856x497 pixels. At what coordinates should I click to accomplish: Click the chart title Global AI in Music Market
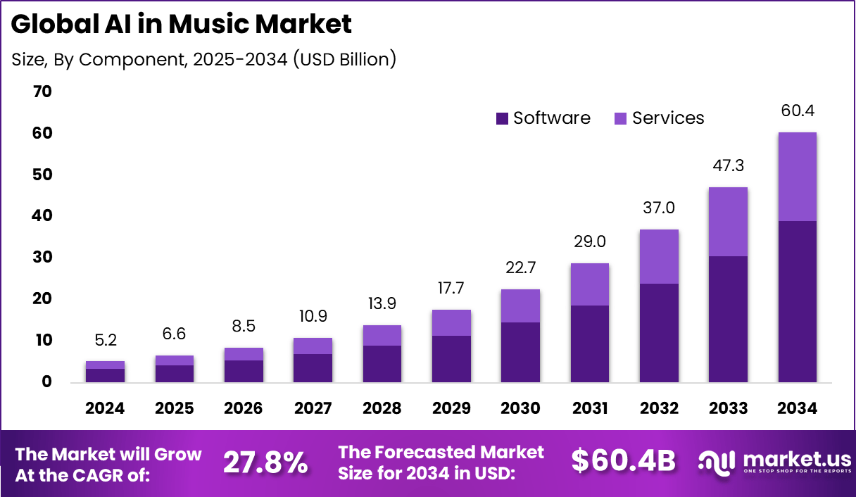coord(182,25)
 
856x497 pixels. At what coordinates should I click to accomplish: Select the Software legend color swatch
coord(502,118)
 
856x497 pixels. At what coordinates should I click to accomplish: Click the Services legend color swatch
coord(621,118)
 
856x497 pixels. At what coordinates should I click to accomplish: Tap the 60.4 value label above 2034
coord(797,111)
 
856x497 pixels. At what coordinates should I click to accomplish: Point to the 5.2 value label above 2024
coord(105,341)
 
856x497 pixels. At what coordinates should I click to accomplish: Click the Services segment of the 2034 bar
coord(797,177)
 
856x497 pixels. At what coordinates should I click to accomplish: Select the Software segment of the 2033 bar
coord(728,319)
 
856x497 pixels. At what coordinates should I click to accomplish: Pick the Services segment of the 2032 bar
coord(659,256)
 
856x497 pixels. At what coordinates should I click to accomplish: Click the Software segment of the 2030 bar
coord(520,352)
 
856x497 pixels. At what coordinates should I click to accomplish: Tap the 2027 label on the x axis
coord(313,408)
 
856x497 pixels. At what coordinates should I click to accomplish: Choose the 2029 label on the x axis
coord(451,408)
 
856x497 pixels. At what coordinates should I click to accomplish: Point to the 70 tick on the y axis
coord(42,92)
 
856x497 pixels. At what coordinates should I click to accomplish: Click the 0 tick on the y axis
coord(46,382)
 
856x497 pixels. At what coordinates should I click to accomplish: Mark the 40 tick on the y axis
coord(42,216)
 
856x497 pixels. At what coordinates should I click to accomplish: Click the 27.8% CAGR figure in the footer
coord(265,463)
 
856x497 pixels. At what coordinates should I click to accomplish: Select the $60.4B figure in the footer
coord(623,461)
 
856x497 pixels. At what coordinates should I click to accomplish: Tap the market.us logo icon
coord(717,462)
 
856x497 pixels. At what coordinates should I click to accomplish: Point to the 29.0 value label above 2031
coord(589,241)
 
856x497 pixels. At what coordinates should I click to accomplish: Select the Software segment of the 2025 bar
coord(174,373)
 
